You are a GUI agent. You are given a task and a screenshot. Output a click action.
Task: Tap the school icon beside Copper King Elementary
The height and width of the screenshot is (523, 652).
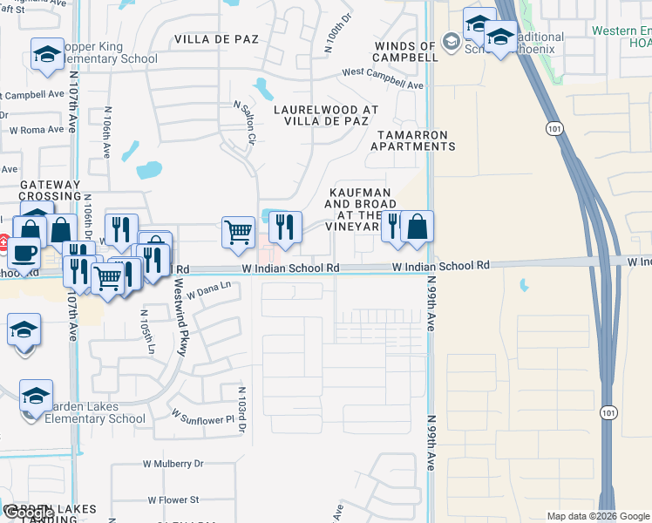(x=47, y=55)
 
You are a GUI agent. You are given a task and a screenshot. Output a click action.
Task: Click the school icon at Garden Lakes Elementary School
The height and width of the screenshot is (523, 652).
(x=37, y=396)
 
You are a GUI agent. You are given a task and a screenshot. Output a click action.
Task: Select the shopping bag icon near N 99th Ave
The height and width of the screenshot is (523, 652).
(x=418, y=227)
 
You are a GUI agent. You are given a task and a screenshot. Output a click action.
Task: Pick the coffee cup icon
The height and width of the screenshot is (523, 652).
(x=24, y=253)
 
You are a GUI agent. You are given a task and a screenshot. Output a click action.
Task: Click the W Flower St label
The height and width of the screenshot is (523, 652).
(x=173, y=500)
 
